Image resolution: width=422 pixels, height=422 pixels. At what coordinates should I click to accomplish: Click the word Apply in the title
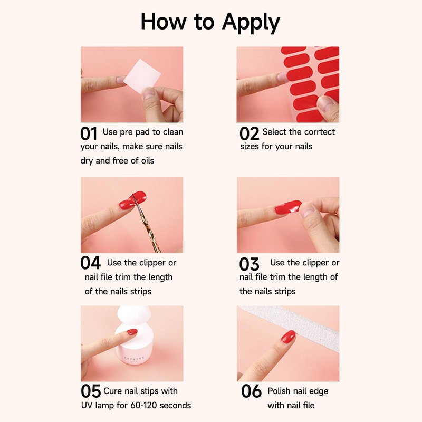click(x=251, y=23)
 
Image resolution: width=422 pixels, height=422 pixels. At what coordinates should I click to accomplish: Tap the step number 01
click(x=89, y=134)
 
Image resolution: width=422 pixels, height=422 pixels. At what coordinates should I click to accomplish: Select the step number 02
click(x=249, y=134)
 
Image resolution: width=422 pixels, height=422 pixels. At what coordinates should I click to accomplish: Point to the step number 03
click(x=249, y=264)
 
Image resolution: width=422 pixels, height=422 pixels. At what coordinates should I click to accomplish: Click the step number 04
click(x=90, y=263)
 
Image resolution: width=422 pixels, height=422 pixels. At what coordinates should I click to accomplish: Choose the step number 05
click(x=91, y=391)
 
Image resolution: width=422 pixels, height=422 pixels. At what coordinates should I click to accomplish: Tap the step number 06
click(x=252, y=391)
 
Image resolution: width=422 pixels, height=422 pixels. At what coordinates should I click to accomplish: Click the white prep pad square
click(x=142, y=75)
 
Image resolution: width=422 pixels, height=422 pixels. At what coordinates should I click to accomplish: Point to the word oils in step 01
click(x=148, y=160)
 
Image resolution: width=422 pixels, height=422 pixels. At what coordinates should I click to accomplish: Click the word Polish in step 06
click(x=279, y=391)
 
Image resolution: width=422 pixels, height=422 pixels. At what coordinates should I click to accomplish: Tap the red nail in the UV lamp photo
click(x=132, y=332)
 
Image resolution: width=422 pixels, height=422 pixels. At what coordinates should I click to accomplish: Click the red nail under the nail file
click(x=288, y=337)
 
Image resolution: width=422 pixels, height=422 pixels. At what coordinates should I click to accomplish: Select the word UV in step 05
click(x=87, y=405)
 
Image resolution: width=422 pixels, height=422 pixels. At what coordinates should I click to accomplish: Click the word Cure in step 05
click(x=112, y=391)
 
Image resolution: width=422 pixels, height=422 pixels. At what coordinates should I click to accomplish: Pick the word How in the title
click(x=164, y=22)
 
